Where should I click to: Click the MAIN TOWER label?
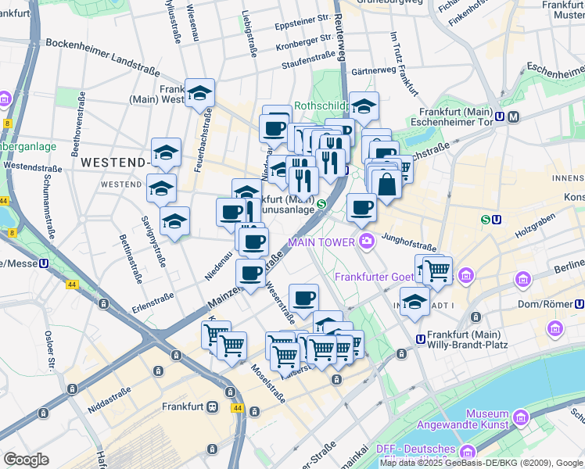pos(321,242)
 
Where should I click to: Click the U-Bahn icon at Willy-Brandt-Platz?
pos(421,340)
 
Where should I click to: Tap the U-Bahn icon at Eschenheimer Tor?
pos(513,116)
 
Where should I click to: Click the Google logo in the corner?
pos(26,459)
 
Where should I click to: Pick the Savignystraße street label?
pos(153,242)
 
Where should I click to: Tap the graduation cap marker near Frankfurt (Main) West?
pos(200,93)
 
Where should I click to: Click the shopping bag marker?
pos(386,184)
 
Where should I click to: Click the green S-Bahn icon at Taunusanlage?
pos(321,205)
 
